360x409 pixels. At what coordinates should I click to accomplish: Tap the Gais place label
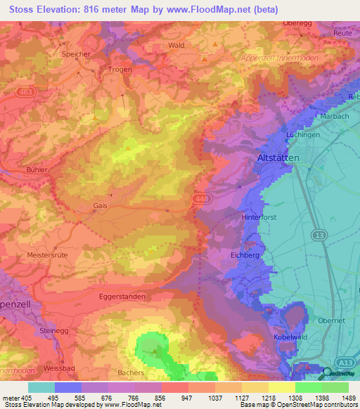(100, 206)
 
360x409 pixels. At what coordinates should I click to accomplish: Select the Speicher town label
(76, 53)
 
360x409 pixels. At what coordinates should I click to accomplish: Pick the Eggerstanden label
(122, 297)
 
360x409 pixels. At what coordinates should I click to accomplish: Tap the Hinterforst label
(279, 218)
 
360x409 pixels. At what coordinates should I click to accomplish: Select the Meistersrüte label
(47, 255)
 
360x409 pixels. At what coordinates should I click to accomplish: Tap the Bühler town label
(37, 170)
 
